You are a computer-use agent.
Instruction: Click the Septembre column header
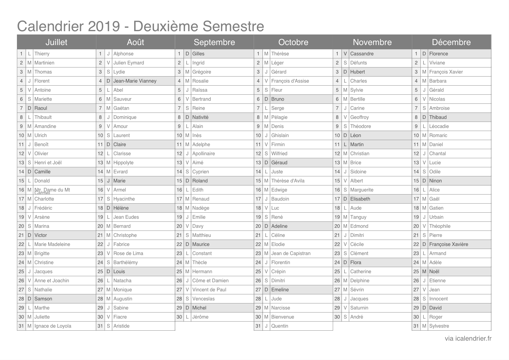(214, 42)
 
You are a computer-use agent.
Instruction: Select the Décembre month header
(451, 42)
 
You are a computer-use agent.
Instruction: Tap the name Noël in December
(434, 271)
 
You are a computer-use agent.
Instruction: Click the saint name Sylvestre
(439, 326)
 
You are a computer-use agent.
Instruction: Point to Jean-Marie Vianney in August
(135, 81)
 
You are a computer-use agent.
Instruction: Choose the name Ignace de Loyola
(53, 326)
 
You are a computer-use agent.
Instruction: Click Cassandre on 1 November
(362, 54)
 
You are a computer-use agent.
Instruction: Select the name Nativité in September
(200, 117)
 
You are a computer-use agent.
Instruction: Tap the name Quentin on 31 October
(280, 326)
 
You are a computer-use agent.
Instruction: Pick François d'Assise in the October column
(290, 81)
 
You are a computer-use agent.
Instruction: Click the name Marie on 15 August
(119, 181)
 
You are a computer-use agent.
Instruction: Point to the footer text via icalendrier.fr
(468, 339)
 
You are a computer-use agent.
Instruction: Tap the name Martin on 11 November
(357, 144)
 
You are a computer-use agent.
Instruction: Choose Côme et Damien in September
(210, 280)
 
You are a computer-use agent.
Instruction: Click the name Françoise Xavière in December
(449, 244)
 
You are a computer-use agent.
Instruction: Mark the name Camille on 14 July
(42, 172)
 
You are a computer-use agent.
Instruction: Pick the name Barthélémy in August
(125, 262)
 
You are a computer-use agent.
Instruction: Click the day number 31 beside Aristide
(100, 326)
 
